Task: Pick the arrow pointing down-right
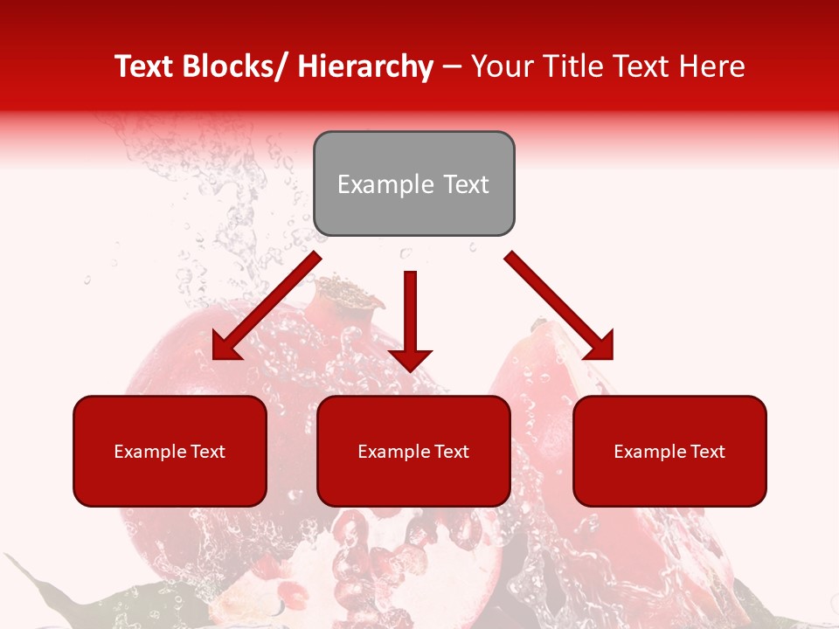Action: click(x=559, y=306)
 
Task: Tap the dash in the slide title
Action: click(x=452, y=67)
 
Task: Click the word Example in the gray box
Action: click(x=385, y=184)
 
